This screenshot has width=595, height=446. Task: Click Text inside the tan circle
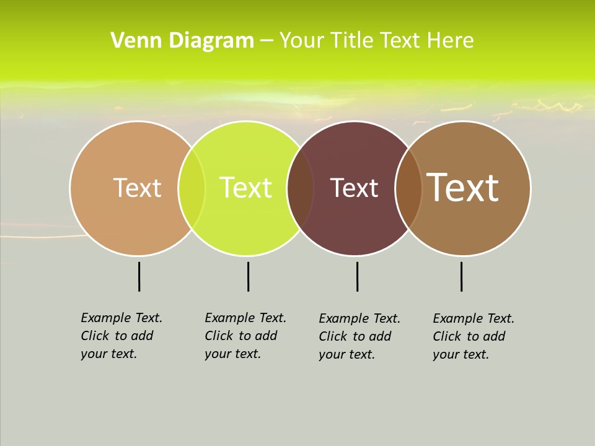coord(137,188)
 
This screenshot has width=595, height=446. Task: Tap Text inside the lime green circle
coord(245,188)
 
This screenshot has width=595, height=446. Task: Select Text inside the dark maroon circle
coord(354,188)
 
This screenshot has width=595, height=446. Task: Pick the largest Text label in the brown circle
coord(463,188)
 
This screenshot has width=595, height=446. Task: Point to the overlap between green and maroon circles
coord(300,188)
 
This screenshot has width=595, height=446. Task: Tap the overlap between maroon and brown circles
coord(408,188)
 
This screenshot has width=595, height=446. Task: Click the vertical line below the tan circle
coord(139,276)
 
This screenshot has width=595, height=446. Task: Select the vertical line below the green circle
coord(248,276)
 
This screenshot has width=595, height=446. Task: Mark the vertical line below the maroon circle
coord(357,276)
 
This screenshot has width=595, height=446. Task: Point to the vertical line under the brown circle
coord(461,276)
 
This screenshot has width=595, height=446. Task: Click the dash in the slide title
coord(267,41)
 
